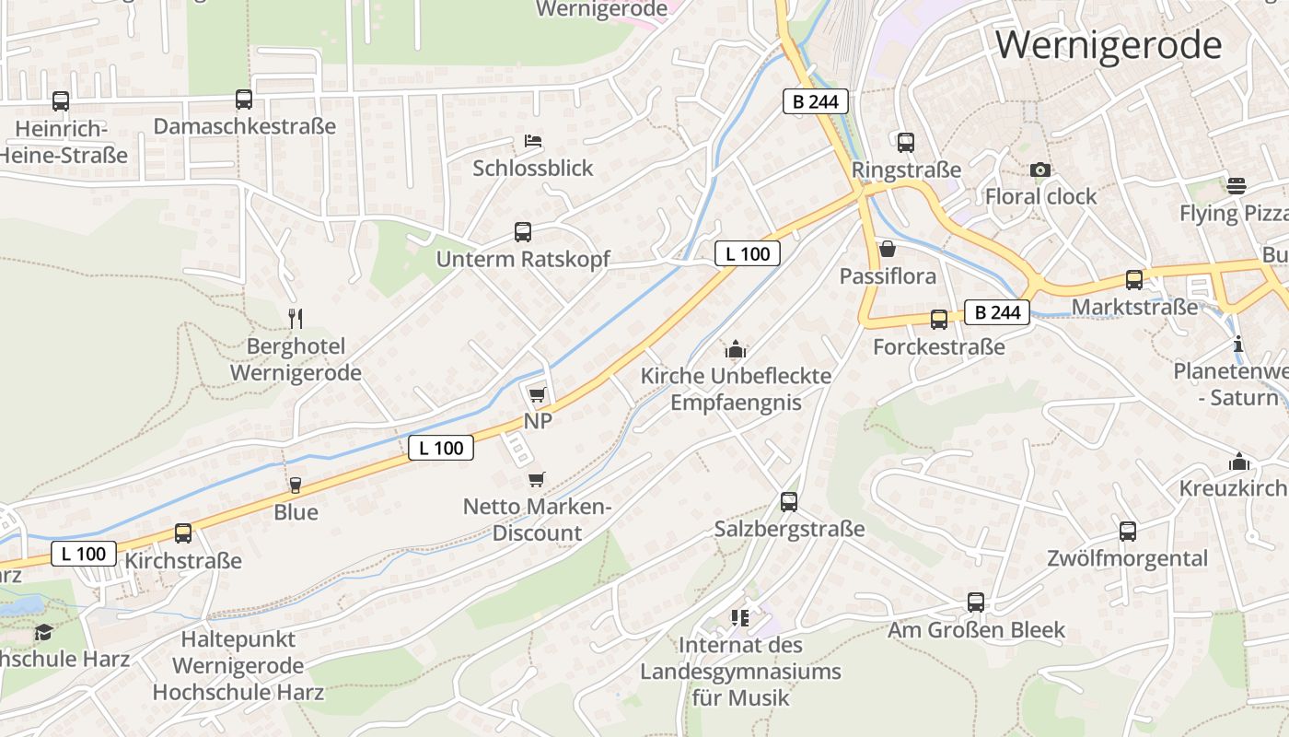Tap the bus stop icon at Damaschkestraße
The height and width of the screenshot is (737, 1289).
pos(244,99)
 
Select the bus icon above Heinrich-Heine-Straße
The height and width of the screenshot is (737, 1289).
pos(61,101)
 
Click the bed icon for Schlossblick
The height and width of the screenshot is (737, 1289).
pos(533,141)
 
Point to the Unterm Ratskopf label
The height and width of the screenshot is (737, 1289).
pos(522,260)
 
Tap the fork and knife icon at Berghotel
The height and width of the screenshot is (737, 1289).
pos(296,319)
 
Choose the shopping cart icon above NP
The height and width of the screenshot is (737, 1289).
pos(537,394)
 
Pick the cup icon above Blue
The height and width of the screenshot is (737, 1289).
pos(296,485)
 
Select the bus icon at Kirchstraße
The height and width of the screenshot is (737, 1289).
pos(183,532)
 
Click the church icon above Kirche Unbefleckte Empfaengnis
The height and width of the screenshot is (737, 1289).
pos(736,350)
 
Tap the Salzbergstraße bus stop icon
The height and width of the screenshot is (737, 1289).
pos(789,502)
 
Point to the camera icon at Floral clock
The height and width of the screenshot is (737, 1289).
pos(1040,170)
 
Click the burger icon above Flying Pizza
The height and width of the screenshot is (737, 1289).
pos(1237,185)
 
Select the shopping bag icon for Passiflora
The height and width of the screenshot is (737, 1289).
pos(888,249)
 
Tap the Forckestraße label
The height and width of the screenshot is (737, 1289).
pos(938,347)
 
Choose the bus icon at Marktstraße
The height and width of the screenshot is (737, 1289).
pos(1134,280)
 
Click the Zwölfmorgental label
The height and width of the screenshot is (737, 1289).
pos(1127,558)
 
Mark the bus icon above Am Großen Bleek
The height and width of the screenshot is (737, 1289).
pos(976,602)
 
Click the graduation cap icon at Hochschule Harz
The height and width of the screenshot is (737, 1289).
pos(43,632)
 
